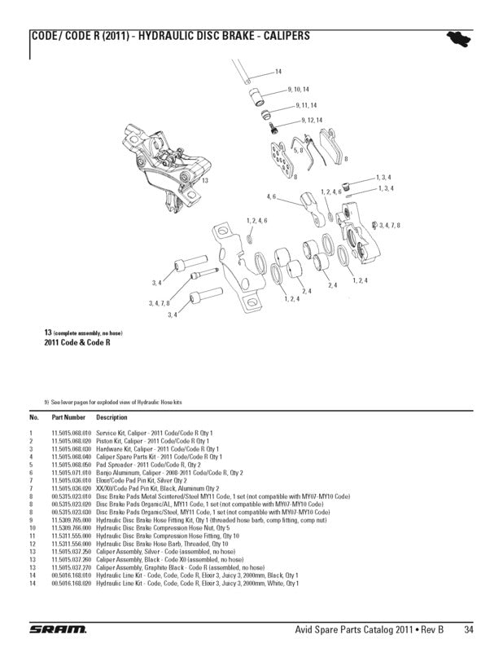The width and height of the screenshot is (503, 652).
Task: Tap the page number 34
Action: coord(470,629)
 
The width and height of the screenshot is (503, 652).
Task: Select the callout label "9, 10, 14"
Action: coord(298,88)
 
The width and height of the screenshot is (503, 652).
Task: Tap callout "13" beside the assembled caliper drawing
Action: coord(206,179)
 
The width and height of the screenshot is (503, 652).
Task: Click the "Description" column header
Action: coord(112,417)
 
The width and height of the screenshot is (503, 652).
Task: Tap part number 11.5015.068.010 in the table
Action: coord(72,433)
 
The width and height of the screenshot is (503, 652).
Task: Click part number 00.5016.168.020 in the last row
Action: coord(72,584)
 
